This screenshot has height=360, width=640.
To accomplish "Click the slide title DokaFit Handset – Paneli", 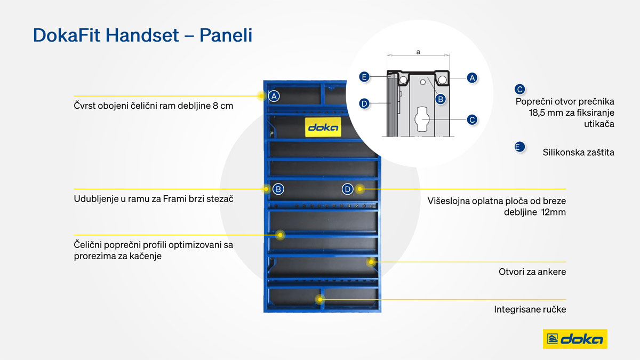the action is click(142, 35).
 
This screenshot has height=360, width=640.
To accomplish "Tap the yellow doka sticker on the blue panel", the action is click(323, 127).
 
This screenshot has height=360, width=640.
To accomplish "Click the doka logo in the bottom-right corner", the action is click(575, 339).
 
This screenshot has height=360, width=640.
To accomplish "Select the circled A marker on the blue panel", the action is click(274, 97).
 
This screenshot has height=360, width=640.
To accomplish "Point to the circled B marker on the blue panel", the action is click(278, 189).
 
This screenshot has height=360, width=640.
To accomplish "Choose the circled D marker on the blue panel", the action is click(347, 189).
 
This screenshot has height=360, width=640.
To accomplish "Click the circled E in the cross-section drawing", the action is click(364, 77).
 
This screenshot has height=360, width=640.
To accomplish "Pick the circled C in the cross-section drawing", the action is click(472, 119).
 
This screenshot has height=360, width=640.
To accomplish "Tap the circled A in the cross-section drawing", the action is click(472, 78).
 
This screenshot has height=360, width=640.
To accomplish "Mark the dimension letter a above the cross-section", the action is click(418, 52).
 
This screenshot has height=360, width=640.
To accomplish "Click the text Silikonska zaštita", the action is click(578, 153).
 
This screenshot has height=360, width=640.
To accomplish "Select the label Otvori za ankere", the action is click(532, 271).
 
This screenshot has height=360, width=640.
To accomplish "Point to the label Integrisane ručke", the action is click(530, 309).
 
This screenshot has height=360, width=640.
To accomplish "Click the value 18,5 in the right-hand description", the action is click(537, 113).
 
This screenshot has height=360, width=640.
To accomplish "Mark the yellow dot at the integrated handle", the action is click(320, 299).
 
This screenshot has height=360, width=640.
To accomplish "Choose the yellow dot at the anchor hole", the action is click(371, 262).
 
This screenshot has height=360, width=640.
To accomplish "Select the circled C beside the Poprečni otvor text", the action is click(519, 90).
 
